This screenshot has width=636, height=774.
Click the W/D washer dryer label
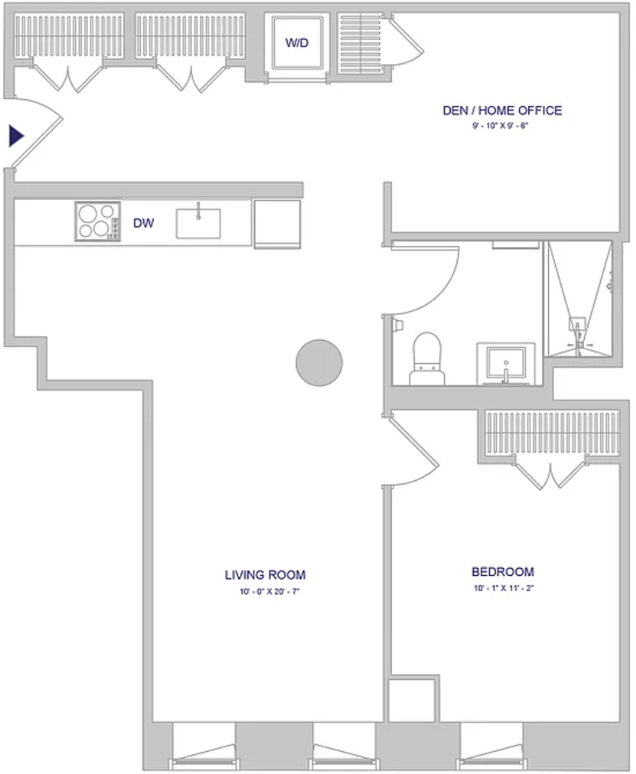point(296,43)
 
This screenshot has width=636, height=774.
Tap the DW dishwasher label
point(143,223)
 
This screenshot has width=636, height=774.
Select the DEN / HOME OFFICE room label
point(502,110)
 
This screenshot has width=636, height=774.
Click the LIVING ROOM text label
point(265,575)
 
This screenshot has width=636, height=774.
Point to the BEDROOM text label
point(503,572)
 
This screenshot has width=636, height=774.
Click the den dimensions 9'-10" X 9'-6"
point(500,126)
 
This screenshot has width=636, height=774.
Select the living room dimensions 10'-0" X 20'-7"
point(270,591)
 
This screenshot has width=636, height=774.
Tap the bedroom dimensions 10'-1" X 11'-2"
point(504,588)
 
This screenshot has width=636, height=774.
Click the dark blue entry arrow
point(16,136)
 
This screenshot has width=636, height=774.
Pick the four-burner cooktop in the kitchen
point(97,221)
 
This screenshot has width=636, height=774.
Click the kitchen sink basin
point(198,224)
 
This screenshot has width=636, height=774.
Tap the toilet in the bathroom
point(427,358)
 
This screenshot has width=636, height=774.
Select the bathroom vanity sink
point(505,363)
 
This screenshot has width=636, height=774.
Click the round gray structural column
point(319,363)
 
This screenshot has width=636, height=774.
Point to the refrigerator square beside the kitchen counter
point(277,224)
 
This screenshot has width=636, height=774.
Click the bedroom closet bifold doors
point(551,473)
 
